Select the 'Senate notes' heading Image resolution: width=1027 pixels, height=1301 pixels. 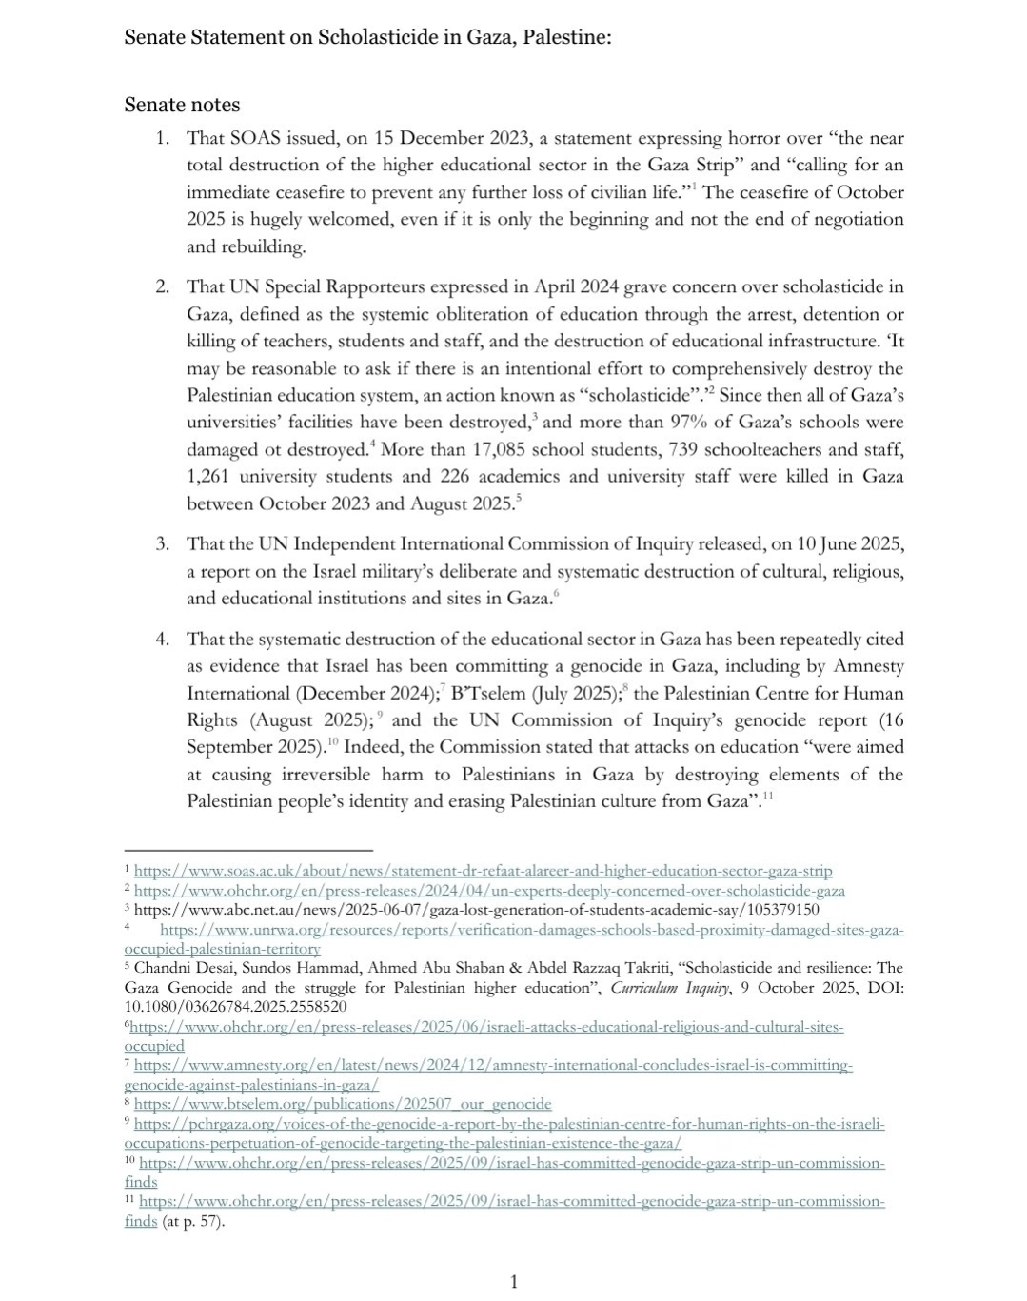tap(182, 105)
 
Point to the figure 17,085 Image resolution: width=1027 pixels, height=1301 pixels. tap(521, 449)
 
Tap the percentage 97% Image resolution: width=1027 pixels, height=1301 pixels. tap(739, 422)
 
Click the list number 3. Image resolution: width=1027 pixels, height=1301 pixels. tap(163, 543)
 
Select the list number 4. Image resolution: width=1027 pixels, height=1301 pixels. tap(163, 639)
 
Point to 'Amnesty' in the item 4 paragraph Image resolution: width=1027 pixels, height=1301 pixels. tap(869, 666)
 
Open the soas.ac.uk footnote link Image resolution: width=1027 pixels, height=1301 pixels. tap(483, 871)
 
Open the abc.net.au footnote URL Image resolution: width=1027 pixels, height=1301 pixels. tap(476, 909)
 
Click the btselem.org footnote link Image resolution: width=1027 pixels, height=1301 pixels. tap(343, 1104)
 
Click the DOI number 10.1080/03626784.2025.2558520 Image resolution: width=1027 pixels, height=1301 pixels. tap(235, 1006)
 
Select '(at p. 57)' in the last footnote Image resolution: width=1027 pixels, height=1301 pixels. tap(193, 1221)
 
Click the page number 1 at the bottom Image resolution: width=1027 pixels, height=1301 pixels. tap(514, 1282)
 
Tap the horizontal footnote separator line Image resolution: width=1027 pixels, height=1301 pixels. tap(247, 851)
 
